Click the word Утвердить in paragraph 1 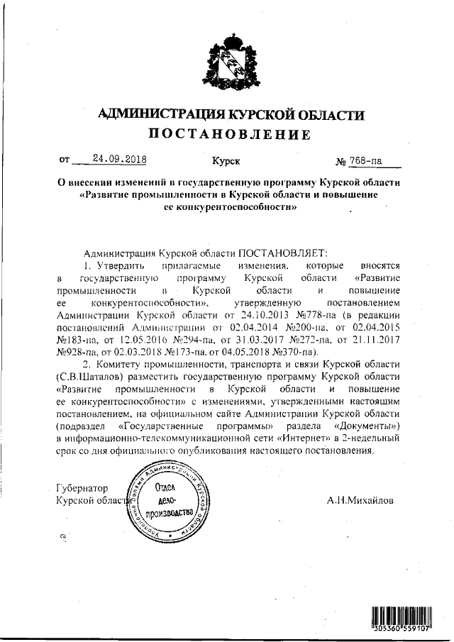point(120,265)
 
